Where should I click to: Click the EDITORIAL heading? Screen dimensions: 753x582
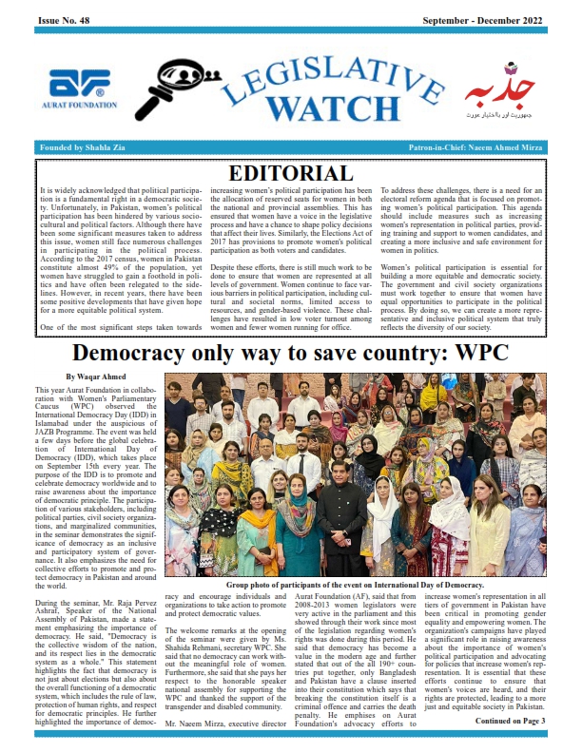(291, 173)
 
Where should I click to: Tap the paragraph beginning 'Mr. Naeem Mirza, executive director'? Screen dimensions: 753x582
(214, 723)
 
